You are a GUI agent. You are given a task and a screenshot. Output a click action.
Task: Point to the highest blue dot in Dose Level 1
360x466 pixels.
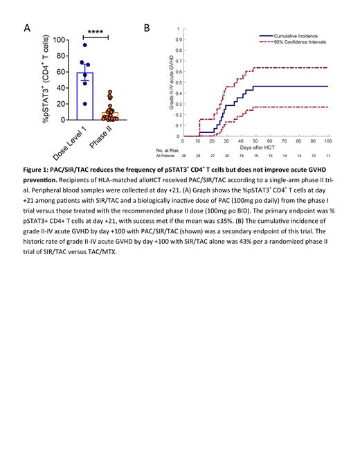click(85, 45)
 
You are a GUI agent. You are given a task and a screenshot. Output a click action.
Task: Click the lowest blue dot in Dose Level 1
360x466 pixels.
click(85, 104)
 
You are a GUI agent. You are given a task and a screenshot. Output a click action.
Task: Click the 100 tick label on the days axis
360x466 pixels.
click(327, 142)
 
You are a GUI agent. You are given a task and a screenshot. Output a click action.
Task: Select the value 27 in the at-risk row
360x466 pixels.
click(213, 157)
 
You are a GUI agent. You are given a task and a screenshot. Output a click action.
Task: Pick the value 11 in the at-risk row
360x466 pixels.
click(327, 157)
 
